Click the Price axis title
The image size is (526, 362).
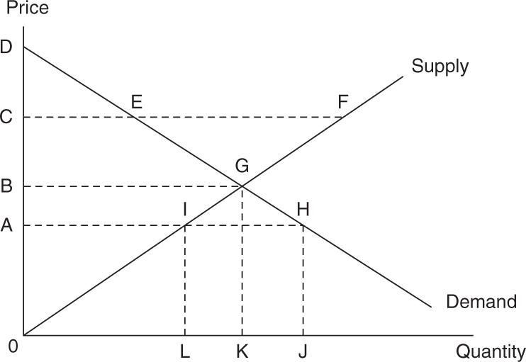[x=28, y=7]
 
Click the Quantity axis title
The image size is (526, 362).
[x=491, y=352]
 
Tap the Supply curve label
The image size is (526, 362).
[x=440, y=67]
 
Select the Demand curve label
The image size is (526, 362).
[x=481, y=302]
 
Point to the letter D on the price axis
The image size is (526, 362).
[x=6, y=47]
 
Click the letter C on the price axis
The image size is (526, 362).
[x=6, y=117]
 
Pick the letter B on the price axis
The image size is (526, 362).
[x=6, y=186]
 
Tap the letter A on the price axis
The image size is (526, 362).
[x=6, y=225]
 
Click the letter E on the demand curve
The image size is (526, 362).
[x=137, y=101]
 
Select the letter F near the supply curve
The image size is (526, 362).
[x=343, y=102]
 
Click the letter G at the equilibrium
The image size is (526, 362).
[x=242, y=166]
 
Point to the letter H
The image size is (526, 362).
[x=303, y=209]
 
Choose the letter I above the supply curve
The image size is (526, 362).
[x=185, y=210]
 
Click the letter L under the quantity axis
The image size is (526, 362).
[x=185, y=351]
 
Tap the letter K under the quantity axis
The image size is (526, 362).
[x=242, y=351]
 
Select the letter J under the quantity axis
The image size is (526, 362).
[x=303, y=351]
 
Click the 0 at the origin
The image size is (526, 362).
[x=13, y=346]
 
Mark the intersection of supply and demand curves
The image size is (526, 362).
[x=242, y=186]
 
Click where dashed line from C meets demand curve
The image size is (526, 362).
[x=133, y=117]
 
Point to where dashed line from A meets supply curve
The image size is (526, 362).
[x=185, y=225]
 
